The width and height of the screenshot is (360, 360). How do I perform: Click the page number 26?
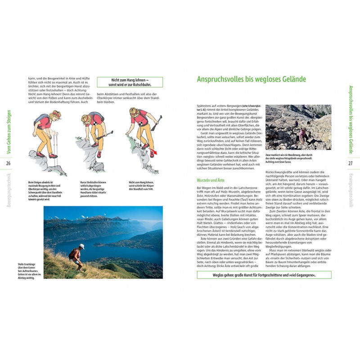click(8, 163)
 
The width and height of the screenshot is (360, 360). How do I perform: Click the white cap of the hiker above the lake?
click(82, 246)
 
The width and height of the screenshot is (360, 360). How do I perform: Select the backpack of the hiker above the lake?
click(73, 254)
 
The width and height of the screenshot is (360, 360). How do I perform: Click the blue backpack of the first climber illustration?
click(45, 119)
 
